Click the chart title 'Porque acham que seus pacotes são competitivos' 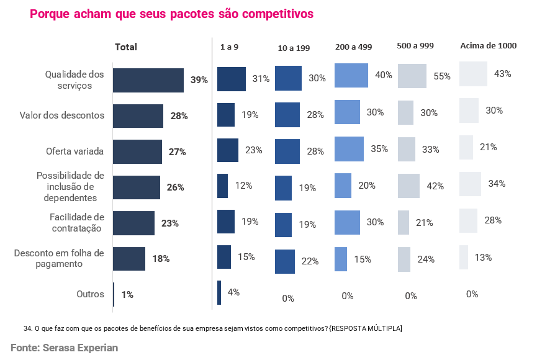pyautogui.click(x=171, y=14)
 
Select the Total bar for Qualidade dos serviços pyautogui.click(x=148, y=80)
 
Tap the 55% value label pyautogui.click(x=442, y=76)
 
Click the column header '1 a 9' pyautogui.click(x=229, y=47)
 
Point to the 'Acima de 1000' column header pyautogui.click(x=488, y=45)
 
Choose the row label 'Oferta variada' pyautogui.click(x=75, y=151)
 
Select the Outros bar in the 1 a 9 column pyautogui.click(x=219, y=293)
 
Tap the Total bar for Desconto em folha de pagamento pyautogui.click(x=129, y=259)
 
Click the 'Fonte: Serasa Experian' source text pyautogui.click(x=64, y=348)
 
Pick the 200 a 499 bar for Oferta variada pyautogui.click(x=349, y=149)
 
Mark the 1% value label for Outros pyautogui.click(x=127, y=295)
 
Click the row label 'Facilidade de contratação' pyautogui.click(x=77, y=222)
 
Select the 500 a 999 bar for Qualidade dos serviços pyautogui.click(x=412, y=76)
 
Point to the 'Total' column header pyautogui.click(x=126, y=47)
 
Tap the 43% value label pyautogui.click(x=502, y=74)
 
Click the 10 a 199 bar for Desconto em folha pyautogui.click(x=285, y=261)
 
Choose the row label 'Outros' pyautogui.click(x=91, y=294)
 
